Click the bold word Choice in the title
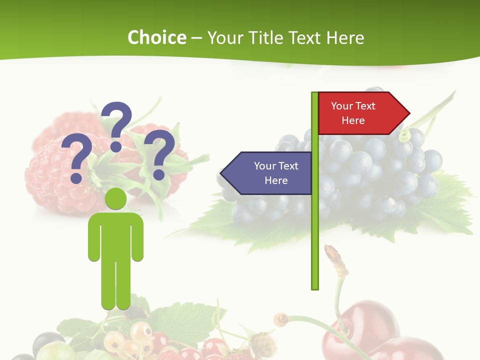tap(156, 38)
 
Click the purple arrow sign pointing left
tap(267, 173)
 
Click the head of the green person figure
tap(115, 198)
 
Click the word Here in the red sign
tap(353, 120)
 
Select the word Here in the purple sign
tap(276, 180)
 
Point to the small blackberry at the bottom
tap(262, 344)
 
